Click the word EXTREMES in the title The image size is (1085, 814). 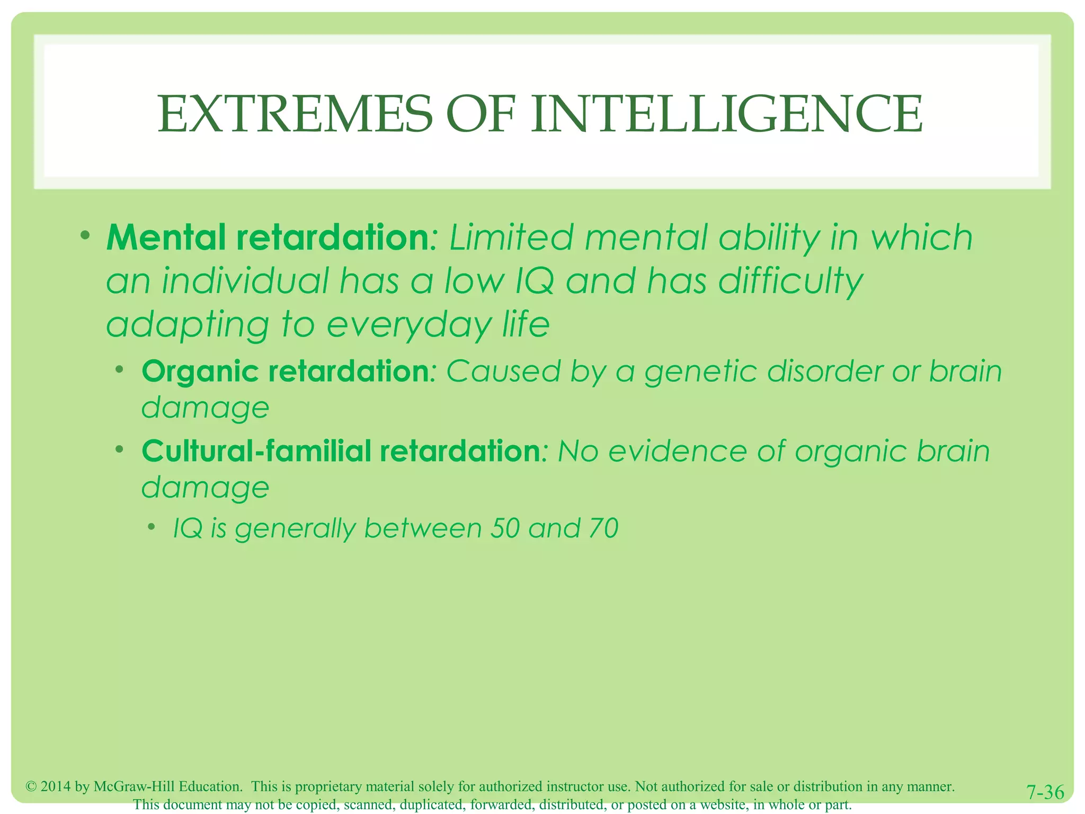click(x=295, y=114)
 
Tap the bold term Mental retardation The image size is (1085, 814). click(x=268, y=237)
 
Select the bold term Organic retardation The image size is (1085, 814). click(x=285, y=371)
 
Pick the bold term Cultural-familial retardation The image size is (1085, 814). click(x=341, y=451)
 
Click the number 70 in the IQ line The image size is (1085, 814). click(x=603, y=528)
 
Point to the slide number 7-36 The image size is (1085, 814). click(x=1045, y=792)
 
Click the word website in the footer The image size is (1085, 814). click(x=724, y=804)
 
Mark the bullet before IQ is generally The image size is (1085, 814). click(x=152, y=526)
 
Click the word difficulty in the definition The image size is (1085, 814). click(x=790, y=281)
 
